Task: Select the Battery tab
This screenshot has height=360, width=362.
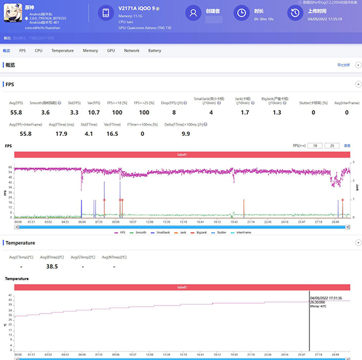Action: (x=154, y=51)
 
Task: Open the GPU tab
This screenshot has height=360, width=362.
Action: (x=111, y=51)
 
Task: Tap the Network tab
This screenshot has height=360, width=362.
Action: (x=132, y=51)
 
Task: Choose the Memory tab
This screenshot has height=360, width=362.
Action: (x=91, y=51)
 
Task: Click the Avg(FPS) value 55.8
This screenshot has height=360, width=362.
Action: (x=16, y=112)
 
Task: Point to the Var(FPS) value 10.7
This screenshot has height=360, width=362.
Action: (x=94, y=112)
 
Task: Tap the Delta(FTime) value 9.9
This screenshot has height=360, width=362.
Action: (x=185, y=133)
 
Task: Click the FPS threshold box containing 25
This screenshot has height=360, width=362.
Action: (x=331, y=146)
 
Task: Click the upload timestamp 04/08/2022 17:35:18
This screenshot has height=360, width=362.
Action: (x=325, y=19)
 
